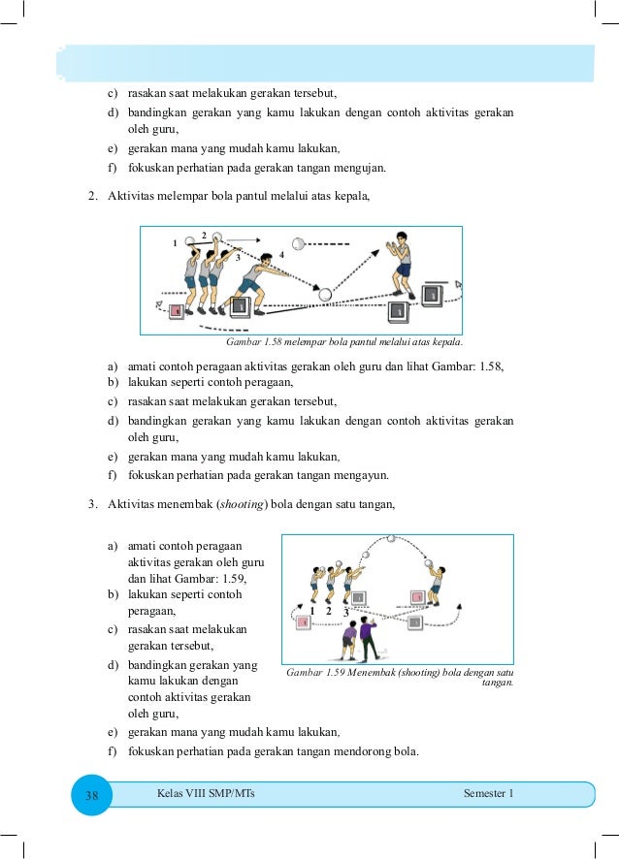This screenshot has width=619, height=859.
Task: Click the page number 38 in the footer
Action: [92, 795]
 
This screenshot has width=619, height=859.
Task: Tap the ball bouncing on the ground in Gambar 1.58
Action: [326, 294]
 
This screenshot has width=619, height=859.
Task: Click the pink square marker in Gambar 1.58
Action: [177, 311]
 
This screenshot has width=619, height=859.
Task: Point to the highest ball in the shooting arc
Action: [390, 539]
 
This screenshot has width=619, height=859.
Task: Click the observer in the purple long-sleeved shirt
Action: [366, 639]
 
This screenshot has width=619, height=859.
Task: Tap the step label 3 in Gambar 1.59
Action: [346, 612]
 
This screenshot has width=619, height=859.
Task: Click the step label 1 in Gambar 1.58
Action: [176, 243]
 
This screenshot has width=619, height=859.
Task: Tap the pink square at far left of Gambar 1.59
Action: [303, 620]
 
